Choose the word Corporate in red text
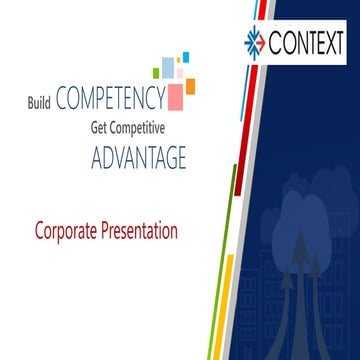coord(68,231)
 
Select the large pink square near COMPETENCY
coord(176,97)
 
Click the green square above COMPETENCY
coord(156,72)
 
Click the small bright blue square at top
coord(185,51)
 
